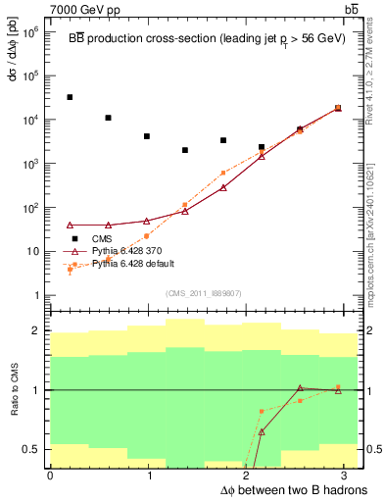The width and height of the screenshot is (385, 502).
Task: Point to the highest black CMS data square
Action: pos(70,97)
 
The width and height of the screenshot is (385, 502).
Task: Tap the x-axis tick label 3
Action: pos(350,476)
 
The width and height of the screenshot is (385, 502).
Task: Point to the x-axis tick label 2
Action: pos(250,476)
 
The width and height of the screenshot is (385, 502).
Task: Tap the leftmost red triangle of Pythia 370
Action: pos(70,226)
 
